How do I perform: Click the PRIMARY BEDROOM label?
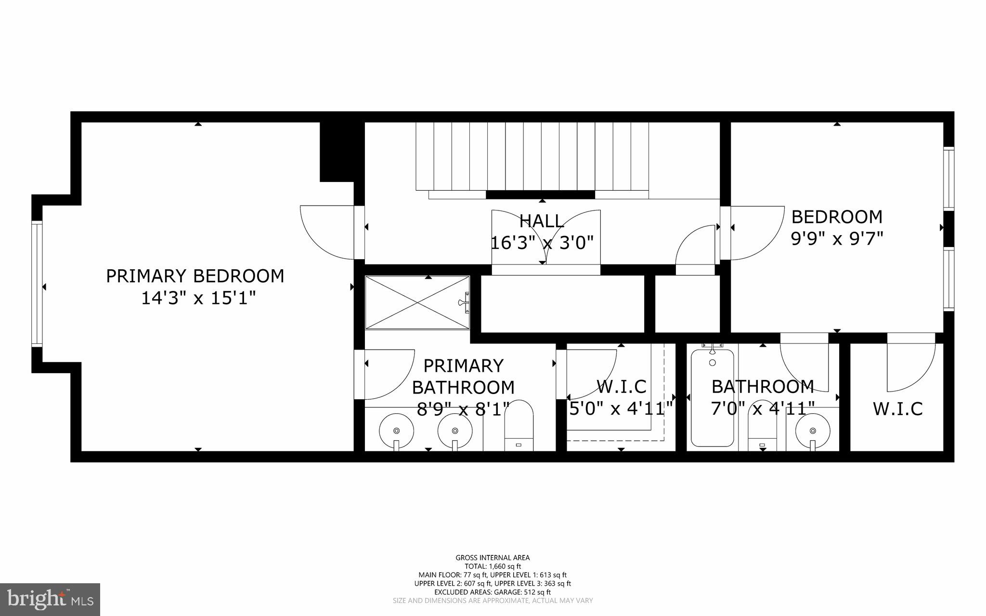(x=195, y=276)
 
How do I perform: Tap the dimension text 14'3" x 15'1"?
(x=197, y=298)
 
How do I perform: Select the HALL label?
(x=542, y=221)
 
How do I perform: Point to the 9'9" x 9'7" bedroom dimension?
(x=837, y=238)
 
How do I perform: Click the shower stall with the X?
(x=417, y=302)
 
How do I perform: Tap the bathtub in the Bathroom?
(x=712, y=398)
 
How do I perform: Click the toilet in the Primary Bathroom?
(x=519, y=426)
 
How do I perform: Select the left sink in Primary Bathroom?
(x=396, y=430)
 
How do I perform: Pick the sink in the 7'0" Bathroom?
(x=813, y=430)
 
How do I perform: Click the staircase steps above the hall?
(x=532, y=156)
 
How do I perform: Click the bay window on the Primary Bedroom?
(x=37, y=284)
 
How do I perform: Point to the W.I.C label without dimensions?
(x=897, y=409)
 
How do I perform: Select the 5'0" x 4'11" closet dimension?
(x=621, y=409)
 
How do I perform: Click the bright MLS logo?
(x=50, y=599)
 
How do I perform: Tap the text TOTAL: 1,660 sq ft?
(x=493, y=566)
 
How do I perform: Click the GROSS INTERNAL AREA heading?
(x=493, y=558)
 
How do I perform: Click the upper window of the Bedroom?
(x=948, y=178)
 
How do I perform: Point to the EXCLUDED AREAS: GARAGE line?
(x=493, y=592)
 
